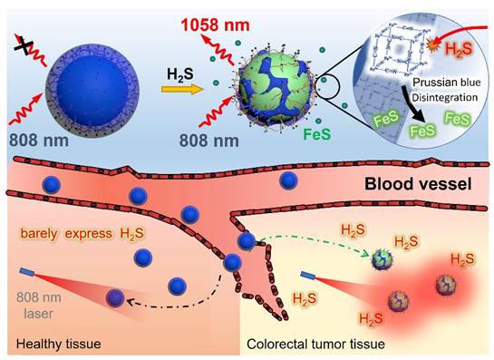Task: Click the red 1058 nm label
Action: (215, 24)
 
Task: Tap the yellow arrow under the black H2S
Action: (182, 90)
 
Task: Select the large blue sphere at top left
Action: (92, 91)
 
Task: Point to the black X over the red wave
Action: (24, 45)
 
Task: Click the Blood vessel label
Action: (418, 184)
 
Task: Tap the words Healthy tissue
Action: (59, 344)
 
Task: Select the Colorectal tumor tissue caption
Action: (315, 344)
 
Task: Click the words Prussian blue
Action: (447, 83)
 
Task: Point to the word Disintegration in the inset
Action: (445, 97)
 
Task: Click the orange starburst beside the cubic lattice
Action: (431, 44)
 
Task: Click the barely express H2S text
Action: (82, 234)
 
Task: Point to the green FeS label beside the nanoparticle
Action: (317, 134)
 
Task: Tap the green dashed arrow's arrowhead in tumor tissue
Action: (368, 253)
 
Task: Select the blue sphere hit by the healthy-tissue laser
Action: (115, 298)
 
